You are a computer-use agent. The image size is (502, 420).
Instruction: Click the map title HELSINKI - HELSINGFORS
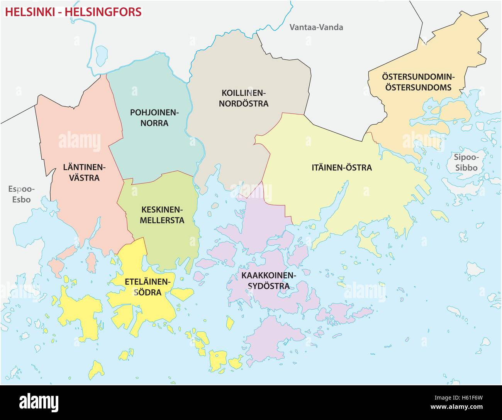[x=73, y=12]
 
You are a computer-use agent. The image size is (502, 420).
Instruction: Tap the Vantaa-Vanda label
[x=316, y=27]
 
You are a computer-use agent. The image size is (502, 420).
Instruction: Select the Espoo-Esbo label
[x=21, y=194]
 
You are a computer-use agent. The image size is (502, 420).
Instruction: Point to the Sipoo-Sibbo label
[x=466, y=162]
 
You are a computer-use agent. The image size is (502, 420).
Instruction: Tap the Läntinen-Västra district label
[x=81, y=172]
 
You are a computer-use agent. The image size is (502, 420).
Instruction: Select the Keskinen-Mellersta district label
[x=163, y=215]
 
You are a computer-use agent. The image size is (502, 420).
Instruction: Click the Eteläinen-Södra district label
[x=148, y=287]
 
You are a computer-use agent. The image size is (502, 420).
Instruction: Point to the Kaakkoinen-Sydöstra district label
[x=268, y=281]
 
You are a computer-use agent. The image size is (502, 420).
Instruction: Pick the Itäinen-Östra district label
[x=342, y=168]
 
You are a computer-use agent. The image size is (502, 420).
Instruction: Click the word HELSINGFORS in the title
[x=103, y=12]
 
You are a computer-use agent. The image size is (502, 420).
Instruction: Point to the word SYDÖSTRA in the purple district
[x=268, y=286]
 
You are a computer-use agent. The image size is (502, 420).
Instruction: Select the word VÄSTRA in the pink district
[x=81, y=178]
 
